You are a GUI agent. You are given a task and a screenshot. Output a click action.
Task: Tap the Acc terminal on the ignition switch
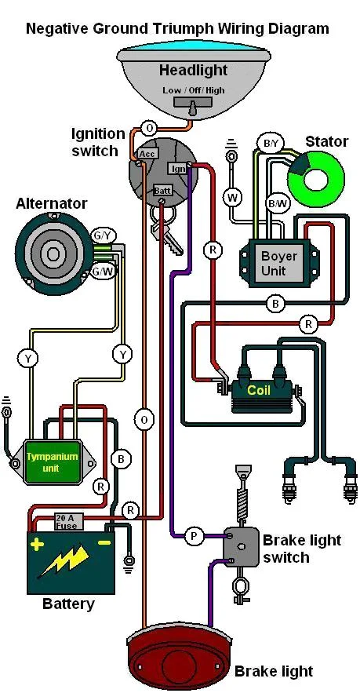[x=147, y=154]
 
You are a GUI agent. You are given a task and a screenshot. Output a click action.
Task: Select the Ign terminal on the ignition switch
[x=178, y=168]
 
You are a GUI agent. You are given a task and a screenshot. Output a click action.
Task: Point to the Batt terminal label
[x=162, y=191]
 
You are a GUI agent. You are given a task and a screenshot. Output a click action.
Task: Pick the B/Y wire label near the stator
[x=271, y=144]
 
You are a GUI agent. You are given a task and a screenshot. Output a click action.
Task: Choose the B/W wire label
[x=277, y=203]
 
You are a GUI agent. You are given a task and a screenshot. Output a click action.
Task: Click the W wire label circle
[x=232, y=197]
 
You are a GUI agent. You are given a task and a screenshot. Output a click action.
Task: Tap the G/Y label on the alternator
[x=103, y=235]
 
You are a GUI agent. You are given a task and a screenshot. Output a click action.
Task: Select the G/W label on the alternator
[x=103, y=271]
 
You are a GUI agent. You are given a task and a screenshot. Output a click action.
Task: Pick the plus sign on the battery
[x=37, y=542]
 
